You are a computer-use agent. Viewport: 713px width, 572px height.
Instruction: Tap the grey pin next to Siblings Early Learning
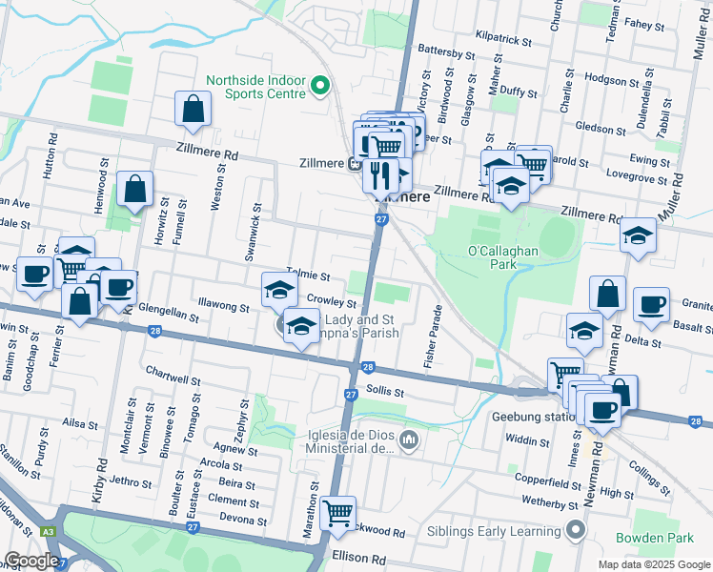pyautogui.click(x=576, y=529)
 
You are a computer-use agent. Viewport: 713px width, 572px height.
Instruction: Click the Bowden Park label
pyautogui.click(x=654, y=538)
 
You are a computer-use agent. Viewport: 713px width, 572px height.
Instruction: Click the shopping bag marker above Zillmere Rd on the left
pyautogui.click(x=193, y=110)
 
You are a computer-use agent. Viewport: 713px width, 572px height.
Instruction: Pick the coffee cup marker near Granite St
pyautogui.click(x=651, y=304)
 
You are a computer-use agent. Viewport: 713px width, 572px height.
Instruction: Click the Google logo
pyautogui.click(x=31, y=561)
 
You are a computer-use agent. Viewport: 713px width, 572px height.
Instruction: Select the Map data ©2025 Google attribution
pyautogui.click(x=652, y=564)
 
